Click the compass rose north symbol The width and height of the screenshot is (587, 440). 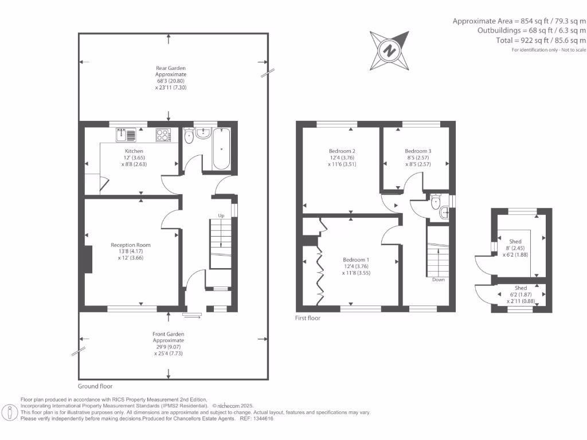coord(391,50)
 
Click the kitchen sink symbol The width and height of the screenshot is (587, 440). coord(126,135)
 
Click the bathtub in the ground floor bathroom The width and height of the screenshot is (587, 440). coord(222,149)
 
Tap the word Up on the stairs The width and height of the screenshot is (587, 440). coord(221,216)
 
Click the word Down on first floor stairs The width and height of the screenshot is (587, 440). coord(438,280)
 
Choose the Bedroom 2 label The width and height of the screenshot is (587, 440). coord(339,151)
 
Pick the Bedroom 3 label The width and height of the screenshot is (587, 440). coord(418,151)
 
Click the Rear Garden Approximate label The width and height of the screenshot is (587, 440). coord(171,72)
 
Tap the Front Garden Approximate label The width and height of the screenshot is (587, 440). coord(168,337)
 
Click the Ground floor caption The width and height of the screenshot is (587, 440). coord(95,386)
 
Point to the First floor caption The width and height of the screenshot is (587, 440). coord(308,318)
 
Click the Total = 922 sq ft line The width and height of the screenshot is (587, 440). coord(541,41)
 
